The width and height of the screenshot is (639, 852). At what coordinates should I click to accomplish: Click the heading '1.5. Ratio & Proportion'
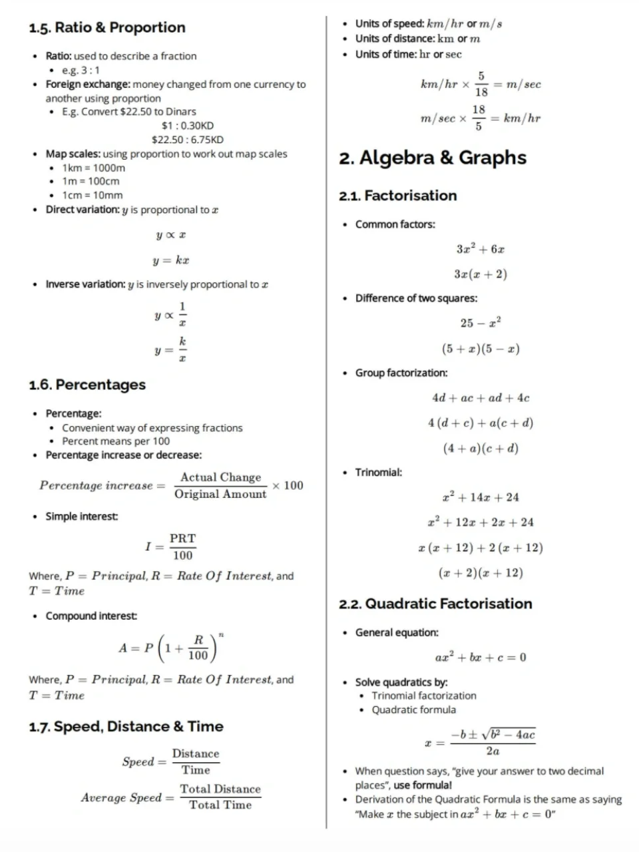click(107, 27)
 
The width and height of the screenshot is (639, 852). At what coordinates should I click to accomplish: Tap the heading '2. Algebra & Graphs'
click(433, 158)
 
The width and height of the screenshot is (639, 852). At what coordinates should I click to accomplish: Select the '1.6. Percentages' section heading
click(87, 385)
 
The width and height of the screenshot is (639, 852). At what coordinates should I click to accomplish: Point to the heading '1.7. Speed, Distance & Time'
click(126, 726)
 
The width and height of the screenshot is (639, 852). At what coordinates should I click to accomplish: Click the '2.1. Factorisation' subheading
click(398, 196)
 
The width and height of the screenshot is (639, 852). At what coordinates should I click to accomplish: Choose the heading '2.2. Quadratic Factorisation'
click(435, 604)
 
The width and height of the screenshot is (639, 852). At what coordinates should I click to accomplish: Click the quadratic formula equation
click(480, 742)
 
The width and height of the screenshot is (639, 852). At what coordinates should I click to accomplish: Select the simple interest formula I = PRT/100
click(171, 546)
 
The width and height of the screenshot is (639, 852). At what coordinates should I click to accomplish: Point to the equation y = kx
click(172, 260)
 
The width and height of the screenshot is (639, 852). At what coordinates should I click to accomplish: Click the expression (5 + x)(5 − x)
click(480, 348)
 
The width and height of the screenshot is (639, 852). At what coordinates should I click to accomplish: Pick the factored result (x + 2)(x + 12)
click(480, 572)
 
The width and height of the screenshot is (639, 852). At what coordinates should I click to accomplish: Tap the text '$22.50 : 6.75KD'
click(188, 140)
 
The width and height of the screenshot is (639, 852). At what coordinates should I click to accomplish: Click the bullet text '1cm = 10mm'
click(93, 195)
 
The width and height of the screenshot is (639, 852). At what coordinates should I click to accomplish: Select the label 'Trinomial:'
click(378, 473)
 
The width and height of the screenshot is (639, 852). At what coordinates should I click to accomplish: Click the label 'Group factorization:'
click(401, 373)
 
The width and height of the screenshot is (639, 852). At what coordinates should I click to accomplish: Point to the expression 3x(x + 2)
click(480, 274)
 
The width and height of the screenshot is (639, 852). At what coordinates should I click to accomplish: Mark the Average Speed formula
click(171, 797)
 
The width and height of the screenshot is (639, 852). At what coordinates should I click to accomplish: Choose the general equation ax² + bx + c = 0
click(480, 658)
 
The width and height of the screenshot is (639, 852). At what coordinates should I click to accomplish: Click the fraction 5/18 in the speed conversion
click(481, 85)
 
